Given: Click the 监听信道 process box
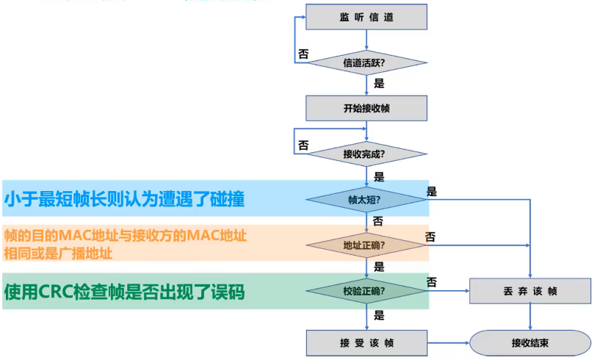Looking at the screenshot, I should tap(366, 17).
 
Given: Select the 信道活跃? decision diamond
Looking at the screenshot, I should tap(366, 62).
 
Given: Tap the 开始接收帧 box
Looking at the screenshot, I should tap(366, 108).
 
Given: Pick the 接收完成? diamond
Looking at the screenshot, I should tap(366, 154).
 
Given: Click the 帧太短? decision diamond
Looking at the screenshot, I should tap(366, 199).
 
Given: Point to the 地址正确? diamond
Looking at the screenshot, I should tap(366, 245).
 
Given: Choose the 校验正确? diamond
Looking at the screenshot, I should tap(366, 290).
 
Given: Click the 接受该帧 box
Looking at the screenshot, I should tap(366, 342).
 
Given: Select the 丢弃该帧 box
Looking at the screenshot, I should tap(530, 291).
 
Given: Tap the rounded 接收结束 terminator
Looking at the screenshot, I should tap(530, 342).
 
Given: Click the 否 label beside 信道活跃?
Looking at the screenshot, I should tap(303, 54).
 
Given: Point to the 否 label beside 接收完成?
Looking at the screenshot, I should tap(303, 145).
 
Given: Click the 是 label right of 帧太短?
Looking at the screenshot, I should tap(432, 192).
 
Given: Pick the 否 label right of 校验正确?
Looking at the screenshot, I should tap(432, 282).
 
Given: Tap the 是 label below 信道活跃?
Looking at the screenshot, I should tap(380, 84).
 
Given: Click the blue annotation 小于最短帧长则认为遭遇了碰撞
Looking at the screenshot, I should tap(124, 199).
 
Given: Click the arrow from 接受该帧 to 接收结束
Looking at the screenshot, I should tap(448, 342).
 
